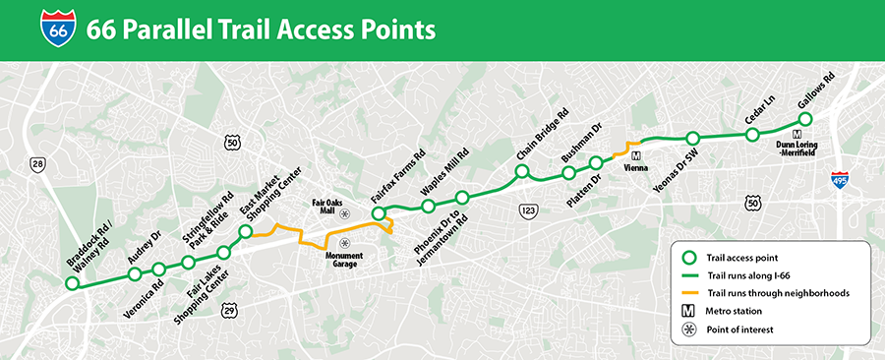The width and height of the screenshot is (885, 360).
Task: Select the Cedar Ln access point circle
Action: pyautogui.click(x=752, y=135)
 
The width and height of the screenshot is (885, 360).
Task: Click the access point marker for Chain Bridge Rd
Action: pyautogui.click(x=522, y=172)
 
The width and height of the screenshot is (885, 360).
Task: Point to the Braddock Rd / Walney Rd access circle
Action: pyautogui.click(x=72, y=284)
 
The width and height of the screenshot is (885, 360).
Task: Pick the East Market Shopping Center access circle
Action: pyautogui.click(x=246, y=232)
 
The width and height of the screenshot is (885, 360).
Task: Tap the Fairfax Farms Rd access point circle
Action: pyautogui.click(x=377, y=211)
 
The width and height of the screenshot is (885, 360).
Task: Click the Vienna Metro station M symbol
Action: pyautogui.click(x=636, y=155)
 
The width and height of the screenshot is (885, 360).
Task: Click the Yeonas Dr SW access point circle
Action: pyautogui.click(x=692, y=139)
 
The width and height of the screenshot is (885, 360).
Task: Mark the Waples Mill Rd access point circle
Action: pyautogui.click(x=428, y=206)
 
